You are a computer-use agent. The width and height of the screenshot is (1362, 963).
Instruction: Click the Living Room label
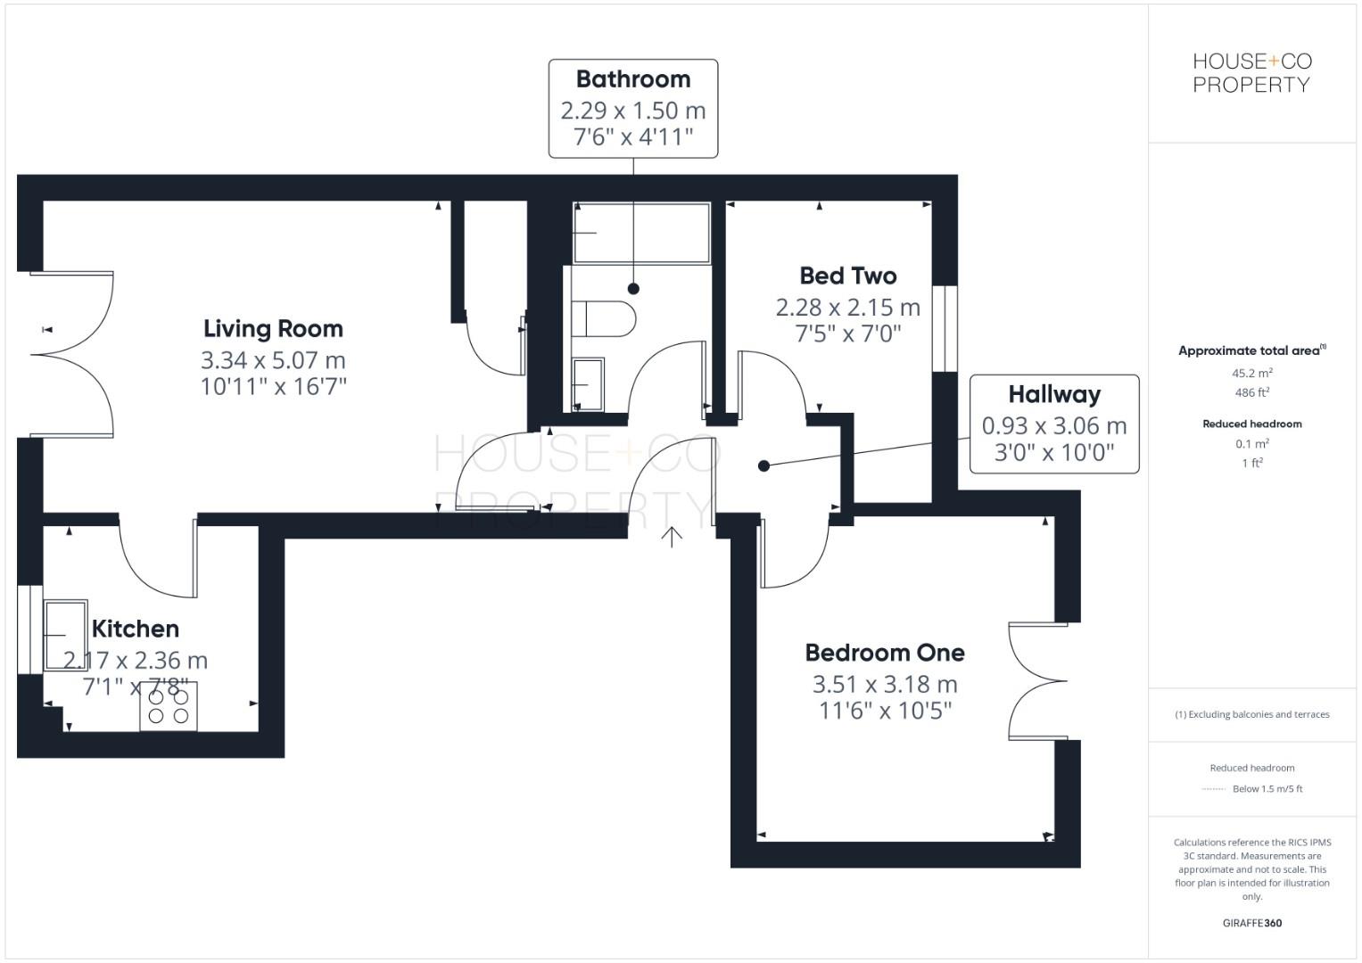click(x=273, y=329)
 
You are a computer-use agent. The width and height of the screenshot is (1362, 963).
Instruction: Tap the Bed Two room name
click(x=847, y=276)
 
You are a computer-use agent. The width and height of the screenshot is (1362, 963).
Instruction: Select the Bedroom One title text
click(x=884, y=653)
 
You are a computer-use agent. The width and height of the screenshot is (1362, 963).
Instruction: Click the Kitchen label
click(x=136, y=629)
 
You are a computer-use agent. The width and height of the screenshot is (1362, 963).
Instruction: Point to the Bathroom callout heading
click(x=632, y=79)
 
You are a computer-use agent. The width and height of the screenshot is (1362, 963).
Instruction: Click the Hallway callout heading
click(x=1053, y=394)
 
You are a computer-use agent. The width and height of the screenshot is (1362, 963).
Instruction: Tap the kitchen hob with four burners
click(x=169, y=706)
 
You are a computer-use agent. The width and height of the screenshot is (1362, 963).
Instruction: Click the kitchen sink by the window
click(x=65, y=635)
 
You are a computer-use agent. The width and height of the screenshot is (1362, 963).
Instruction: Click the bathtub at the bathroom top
click(x=641, y=233)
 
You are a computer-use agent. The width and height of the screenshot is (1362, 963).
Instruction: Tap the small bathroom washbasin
click(x=588, y=383)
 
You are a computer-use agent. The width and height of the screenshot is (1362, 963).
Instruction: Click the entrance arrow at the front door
click(x=672, y=535)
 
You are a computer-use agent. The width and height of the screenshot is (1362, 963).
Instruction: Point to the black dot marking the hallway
click(x=764, y=465)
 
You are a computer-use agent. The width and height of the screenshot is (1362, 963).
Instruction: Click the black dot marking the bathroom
click(x=633, y=288)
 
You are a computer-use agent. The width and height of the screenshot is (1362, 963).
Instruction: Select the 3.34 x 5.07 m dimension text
click(x=273, y=360)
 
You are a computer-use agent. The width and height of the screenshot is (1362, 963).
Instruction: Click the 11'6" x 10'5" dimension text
click(x=885, y=711)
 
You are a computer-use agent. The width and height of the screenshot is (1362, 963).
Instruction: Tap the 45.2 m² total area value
click(x=1251, y=373)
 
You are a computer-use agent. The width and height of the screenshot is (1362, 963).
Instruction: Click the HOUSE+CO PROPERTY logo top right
click(x=1251, y=73)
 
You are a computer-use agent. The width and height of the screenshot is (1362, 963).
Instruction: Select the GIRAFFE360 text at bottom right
click(x=1251, y=923)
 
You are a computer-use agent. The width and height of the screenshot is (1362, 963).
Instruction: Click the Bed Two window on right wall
click(x=945, y=328)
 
